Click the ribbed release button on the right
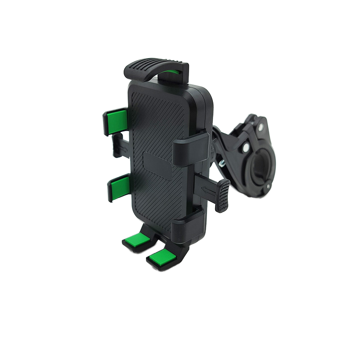point(222,196)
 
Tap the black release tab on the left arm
point(117,145)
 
